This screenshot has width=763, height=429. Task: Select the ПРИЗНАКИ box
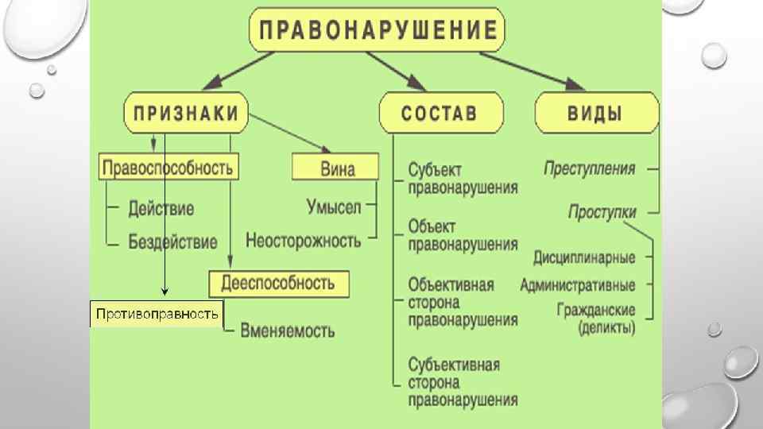pos(185,112)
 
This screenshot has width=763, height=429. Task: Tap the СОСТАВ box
pos(440,112)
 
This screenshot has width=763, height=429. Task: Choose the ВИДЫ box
pos(595,112)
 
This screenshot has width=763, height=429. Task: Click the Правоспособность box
pos(169,167)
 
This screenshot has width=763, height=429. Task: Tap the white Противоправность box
pos(157,315)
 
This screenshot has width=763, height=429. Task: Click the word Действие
pos(161,210)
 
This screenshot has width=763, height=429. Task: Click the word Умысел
pos(334,207)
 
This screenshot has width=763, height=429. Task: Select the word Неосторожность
pos(303,239)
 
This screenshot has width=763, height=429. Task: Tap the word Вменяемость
pos(288,331)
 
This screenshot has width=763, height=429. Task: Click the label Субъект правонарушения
pos(462,179)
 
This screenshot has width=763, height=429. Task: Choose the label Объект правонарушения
pos(462,235)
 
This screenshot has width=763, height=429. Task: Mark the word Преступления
pos(590,168)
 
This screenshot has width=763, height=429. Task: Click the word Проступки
pos(602,212)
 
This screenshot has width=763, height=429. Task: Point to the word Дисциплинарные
pos(584,258)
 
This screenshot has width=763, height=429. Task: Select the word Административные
pos(578,284)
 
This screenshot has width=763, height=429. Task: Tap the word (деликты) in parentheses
pos(607,327)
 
